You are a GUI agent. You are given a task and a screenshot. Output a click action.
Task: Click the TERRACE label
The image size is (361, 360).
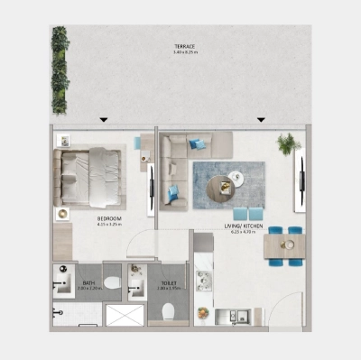coord(184,45)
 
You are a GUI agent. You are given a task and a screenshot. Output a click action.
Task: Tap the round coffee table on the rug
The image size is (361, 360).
coord(221,187)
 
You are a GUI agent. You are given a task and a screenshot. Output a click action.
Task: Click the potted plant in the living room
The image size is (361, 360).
coord(289,143)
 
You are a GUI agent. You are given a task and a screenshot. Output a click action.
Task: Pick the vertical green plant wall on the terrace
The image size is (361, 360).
coord(60,69)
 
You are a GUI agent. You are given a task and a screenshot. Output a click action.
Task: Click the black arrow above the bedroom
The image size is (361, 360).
coord(105,119)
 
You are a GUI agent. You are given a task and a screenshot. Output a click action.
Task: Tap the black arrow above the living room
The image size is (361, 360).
coord(261,119)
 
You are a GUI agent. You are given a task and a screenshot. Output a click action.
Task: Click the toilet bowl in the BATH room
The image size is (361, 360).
coord(112,283)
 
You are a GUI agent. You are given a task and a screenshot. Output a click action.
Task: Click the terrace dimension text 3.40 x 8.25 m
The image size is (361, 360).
coord(184,52)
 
